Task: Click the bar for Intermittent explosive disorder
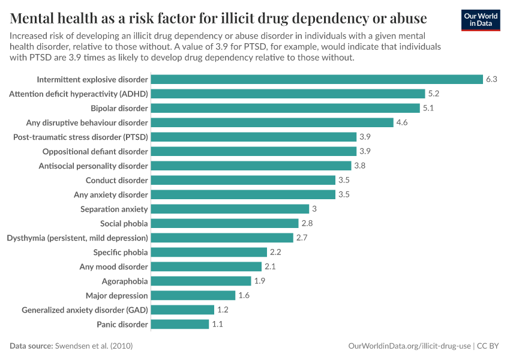click(317, 79)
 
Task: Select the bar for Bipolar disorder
click(285, 108)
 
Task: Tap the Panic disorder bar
click(179, 324)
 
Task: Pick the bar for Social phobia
click(224, 223)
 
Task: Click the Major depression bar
click(193, 295)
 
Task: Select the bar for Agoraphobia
click(200, 281)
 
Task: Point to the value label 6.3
click(491, 79)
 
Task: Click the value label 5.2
click(434, 94)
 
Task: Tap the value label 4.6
click(402, 122)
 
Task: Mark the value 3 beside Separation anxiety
click(314, 209)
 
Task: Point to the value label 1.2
click(223, 310)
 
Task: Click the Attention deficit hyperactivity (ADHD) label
click(78, 94)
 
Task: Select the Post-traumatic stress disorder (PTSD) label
click(80, 137)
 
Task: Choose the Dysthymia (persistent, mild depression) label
click(77, 238)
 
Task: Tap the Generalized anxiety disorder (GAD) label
click(85, 310)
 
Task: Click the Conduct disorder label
click(116, 180)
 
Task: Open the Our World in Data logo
click(481, 19)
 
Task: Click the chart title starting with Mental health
click(218, 17)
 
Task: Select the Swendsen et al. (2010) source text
click(94, 346)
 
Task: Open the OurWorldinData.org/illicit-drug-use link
click(410, 346)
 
